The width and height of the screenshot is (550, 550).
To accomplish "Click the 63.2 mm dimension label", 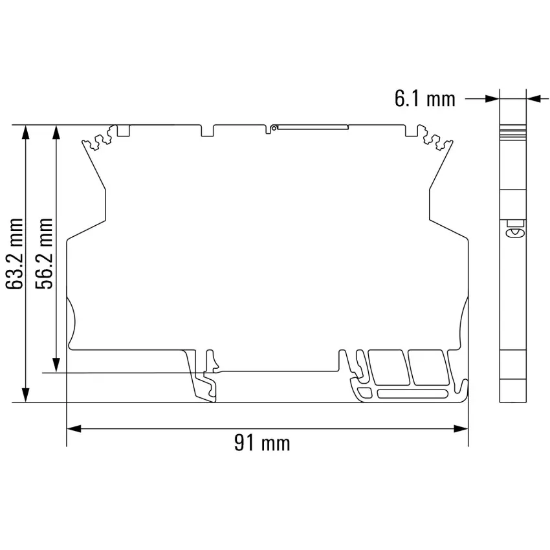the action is (15, 254).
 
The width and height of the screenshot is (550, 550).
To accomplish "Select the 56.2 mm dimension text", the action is (44, 254).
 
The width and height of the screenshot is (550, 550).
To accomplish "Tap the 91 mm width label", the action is (262, 443).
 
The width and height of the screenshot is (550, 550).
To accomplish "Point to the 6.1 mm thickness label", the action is (424, 98).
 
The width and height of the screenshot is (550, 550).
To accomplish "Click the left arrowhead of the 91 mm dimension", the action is (74, 428).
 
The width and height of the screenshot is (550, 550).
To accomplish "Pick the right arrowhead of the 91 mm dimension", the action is (461, 428).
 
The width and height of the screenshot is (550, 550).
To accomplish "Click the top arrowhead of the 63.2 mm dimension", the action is (26, 132).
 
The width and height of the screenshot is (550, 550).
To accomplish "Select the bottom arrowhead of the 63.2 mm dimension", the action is (26, 395).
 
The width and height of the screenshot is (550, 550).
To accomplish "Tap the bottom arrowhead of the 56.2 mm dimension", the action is (56, 365).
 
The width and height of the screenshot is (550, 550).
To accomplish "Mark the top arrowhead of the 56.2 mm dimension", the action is (56, 132).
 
